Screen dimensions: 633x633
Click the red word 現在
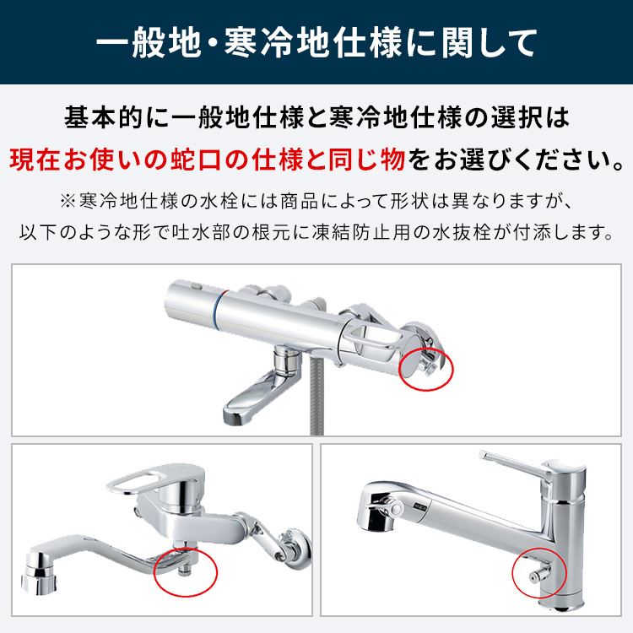click(x=31, y=158)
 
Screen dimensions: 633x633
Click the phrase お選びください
click(x=523, y=158)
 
